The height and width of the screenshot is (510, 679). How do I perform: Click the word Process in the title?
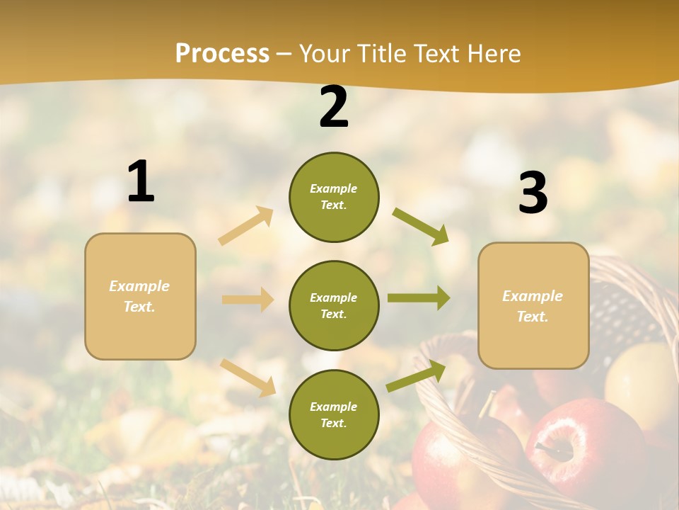click(x=222, y=54)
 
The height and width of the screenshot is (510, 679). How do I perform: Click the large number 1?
click(x=141, y=182)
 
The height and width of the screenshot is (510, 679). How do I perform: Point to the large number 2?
click(x=334, y=107)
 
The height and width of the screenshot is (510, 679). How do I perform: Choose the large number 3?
click(x=533, y=193)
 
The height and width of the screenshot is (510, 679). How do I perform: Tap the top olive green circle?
click(x=334, y=197)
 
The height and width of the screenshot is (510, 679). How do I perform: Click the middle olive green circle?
click(x=334, y=305)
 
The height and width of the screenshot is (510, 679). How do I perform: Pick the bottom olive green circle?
click(x=334, y=414)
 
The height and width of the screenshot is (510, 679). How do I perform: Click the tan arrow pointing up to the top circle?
click(x=246, y=226)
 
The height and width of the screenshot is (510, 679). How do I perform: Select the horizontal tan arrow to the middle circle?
click(x=248, y=300)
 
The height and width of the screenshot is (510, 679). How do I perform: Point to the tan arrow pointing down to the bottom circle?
click(x=248, y=377)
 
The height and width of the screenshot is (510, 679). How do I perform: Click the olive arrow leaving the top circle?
click(x=421, y=226)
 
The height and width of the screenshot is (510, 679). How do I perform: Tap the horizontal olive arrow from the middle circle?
click(x=418, y=298)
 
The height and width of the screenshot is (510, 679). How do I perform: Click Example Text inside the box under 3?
click(x=533, y=306)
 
